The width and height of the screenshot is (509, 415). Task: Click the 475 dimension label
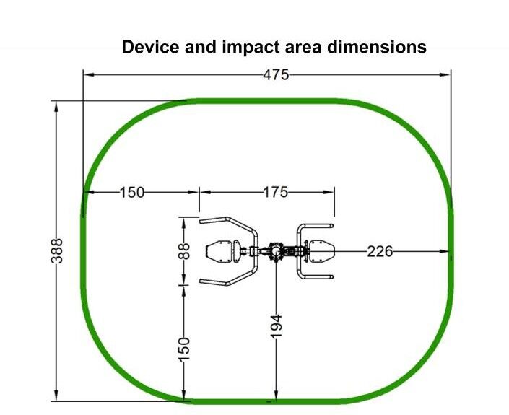click(276, 75)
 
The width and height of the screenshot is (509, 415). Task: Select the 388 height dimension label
click(57, 251)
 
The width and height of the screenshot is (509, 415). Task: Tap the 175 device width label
click(275, 193)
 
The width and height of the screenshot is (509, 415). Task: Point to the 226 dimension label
click(380, 251)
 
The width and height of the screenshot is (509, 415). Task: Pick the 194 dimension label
click(277, 326)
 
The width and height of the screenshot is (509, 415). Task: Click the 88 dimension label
click(184, 251)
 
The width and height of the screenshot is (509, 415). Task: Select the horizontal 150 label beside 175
click(132, 193)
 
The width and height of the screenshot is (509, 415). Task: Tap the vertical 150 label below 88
click(184, 349)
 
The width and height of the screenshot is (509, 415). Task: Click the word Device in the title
click(150, 47)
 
